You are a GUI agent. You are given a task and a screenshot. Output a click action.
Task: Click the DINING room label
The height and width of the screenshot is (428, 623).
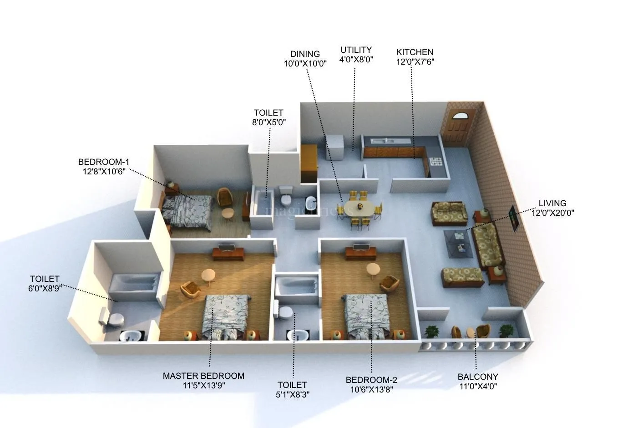(305, 54)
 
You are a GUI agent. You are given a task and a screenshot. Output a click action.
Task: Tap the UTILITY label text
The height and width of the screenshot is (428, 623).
(356, 50)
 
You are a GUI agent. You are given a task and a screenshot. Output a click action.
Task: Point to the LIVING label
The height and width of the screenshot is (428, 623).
(552, 204)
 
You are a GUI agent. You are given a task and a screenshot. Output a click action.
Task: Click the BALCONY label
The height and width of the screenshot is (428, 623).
(477, 377)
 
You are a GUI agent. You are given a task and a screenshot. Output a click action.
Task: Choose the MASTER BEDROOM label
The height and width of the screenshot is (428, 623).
(203, 376)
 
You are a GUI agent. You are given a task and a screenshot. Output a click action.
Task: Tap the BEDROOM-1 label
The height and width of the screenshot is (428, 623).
(104, 162)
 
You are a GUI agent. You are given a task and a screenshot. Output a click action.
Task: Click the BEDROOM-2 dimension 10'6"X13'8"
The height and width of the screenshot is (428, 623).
(371, 390)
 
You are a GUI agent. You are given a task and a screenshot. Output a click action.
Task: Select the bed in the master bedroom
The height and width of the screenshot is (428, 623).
(226, 316)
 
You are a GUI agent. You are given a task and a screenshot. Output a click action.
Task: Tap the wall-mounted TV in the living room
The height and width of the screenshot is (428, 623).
(512, 219)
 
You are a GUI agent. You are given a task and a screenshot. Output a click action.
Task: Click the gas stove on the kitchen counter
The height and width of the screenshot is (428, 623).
(436, 161)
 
